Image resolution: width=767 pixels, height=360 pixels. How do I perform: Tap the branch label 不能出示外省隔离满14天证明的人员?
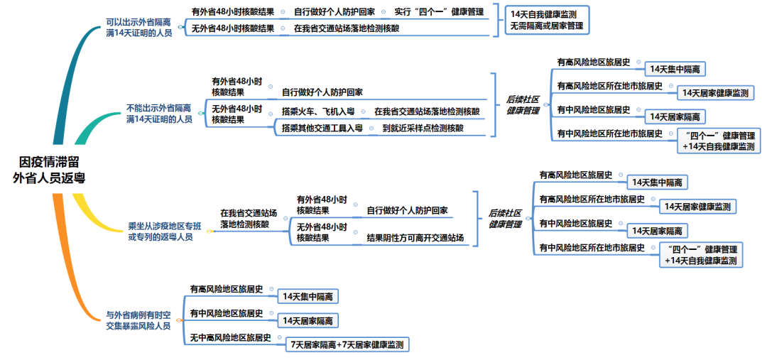(x=158, y=114)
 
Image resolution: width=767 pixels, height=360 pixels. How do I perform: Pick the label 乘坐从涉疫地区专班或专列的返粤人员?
(x=160, y=231)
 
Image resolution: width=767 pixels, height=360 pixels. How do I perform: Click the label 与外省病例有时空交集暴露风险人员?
(x=138, y=320)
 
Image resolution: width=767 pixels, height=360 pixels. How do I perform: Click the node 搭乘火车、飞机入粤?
(x=317, y=111)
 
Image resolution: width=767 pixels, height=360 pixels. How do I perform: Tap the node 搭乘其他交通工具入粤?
(x=322, y=129)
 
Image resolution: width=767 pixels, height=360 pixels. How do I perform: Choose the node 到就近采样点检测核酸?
(x=423, y=129)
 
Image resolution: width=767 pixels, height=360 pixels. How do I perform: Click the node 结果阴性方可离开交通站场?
(x=415, y=238)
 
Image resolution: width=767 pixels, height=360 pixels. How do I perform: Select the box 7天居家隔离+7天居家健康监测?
(x=347, y=345)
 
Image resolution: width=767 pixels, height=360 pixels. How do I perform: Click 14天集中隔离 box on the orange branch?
(x=308, y=296)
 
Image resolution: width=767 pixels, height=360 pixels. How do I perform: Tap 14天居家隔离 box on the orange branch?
(x=308, y=321)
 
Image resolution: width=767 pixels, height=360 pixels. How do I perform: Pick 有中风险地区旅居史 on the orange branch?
(x=226, y=313)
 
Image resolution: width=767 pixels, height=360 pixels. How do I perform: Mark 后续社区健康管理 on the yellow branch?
(x=505, y=219)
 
